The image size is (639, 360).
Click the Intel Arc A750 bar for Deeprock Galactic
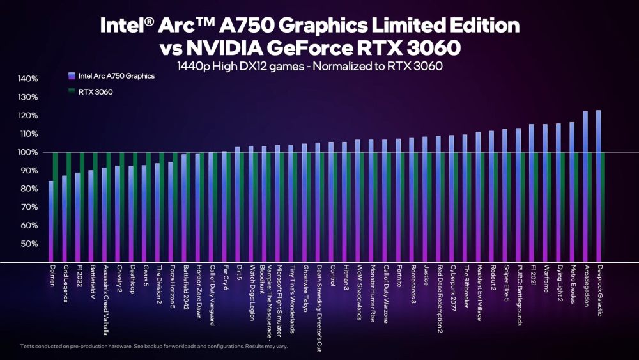pyautogui.click(x=598, y=185)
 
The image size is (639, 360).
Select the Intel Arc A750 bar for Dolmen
pyautogui.click(x=51, y=221)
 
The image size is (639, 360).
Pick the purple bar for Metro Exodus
pyautogui.click(x=571, y=192)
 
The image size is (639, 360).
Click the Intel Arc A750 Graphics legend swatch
pyautogui.click(x=71, y=75)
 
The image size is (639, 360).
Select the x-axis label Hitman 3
pyautogui.click(x=346, y=278)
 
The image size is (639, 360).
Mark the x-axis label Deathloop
pyautogui.click(x=132, y=279)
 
